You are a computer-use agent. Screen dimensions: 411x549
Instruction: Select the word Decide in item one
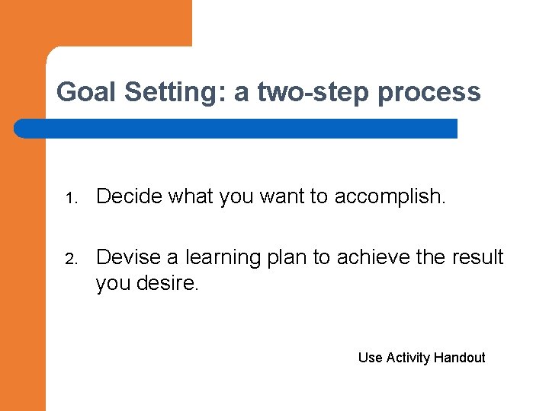(x=129, y=196)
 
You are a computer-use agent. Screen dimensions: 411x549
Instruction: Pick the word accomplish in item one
(x=386, y=196)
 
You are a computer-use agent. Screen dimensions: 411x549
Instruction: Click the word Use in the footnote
(x=370, y=358)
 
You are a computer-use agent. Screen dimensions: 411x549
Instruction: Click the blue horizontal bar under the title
(x=244, y=129)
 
